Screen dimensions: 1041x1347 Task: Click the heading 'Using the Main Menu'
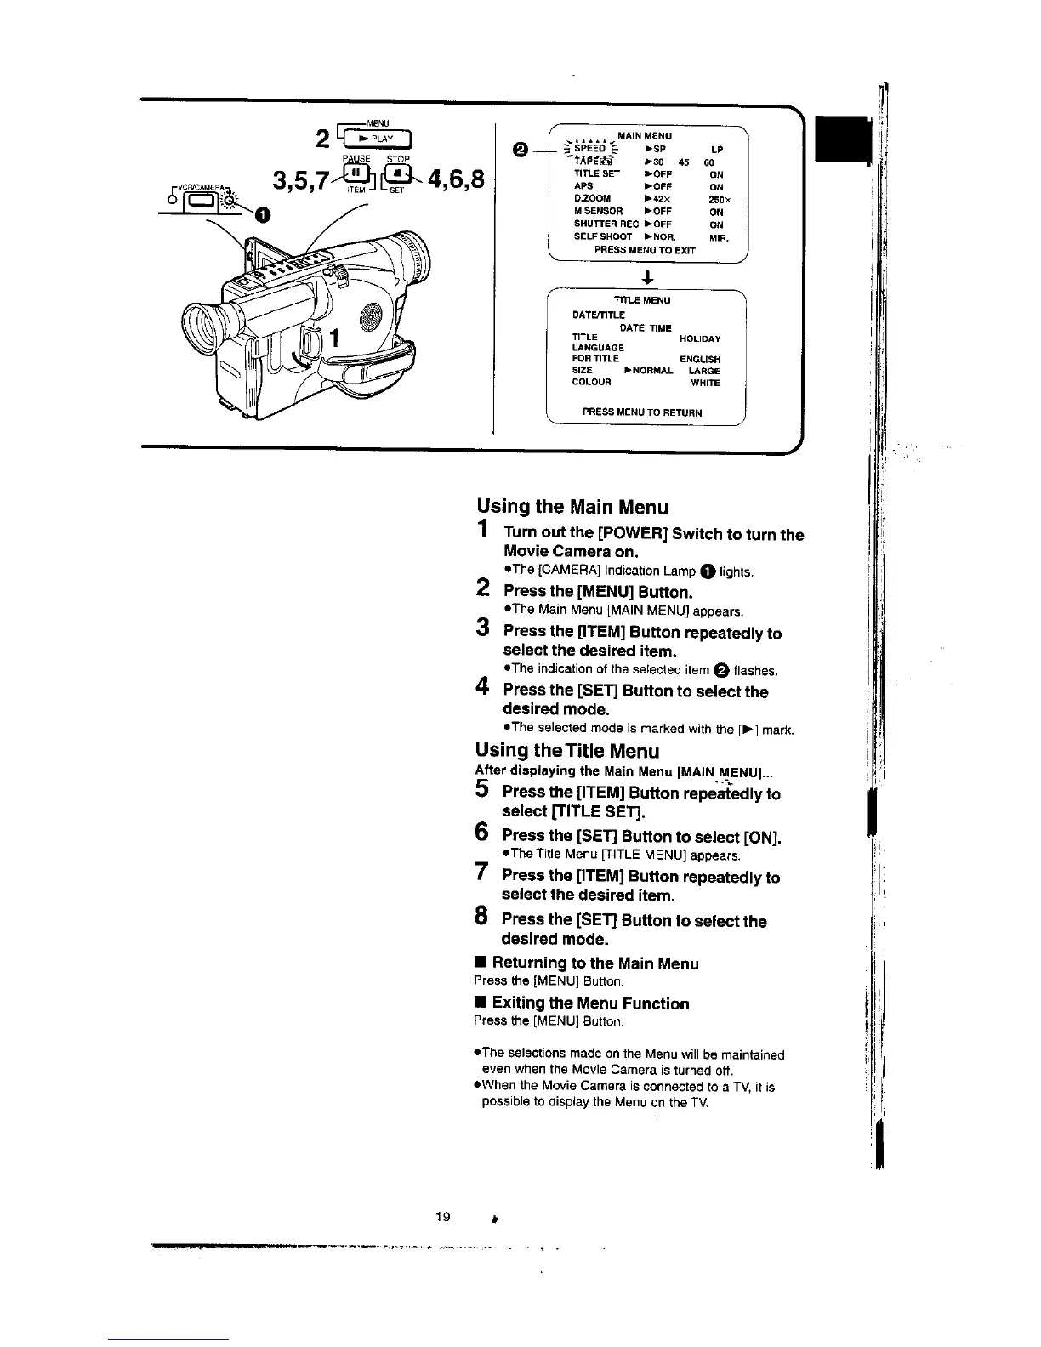point(572,508)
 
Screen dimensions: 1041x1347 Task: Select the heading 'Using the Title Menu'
point(567,751)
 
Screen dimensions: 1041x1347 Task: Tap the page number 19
point(441,1217)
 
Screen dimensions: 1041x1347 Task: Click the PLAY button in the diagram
point(375,140)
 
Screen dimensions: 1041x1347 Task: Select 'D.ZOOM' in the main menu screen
point(593,199)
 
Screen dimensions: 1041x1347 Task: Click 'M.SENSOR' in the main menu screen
point(599,212)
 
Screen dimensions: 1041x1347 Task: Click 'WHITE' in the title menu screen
point(705,383)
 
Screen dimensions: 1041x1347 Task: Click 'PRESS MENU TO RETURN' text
point(642,412)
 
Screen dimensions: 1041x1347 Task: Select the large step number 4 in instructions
point(482,690)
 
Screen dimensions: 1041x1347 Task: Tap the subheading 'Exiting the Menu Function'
point(590,1003)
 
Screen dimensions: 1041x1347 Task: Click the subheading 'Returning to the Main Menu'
point(595,963)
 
